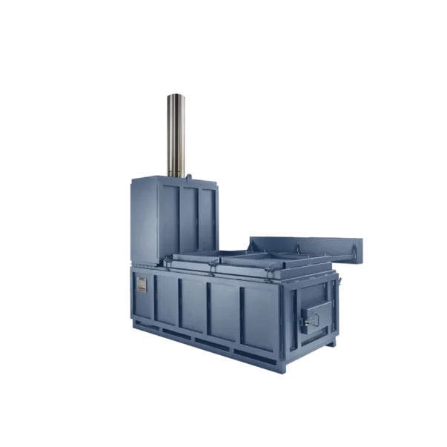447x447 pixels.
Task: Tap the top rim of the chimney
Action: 176,96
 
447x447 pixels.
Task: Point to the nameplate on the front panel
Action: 142,285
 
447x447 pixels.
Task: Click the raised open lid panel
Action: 305,247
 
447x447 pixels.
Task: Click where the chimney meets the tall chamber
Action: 176,176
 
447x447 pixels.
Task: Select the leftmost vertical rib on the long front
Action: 154,297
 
